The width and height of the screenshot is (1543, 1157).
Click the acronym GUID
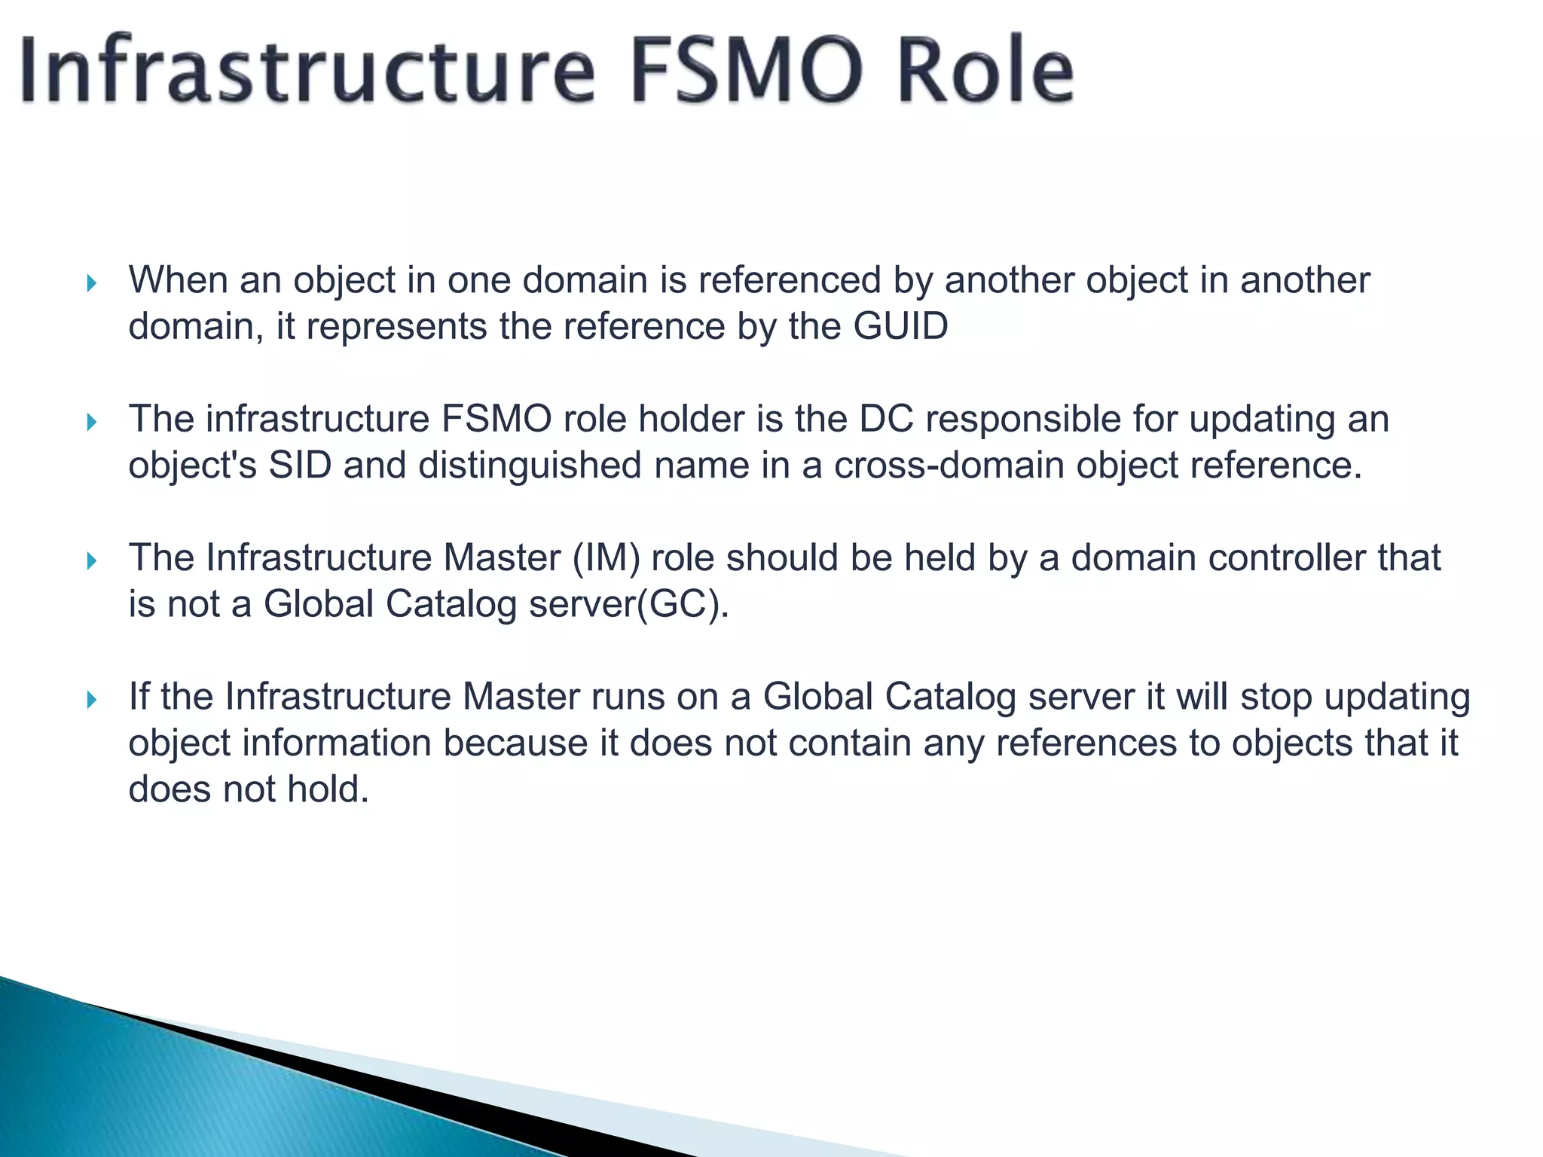pyautogui.click(x=900, y=327)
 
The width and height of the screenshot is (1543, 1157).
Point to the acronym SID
pyautogui.click(x=300, y=466)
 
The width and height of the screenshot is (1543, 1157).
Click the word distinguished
pyautogui.click(x=530, y=466)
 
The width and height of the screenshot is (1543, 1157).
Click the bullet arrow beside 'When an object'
pyautogui.click(x=92, y=284)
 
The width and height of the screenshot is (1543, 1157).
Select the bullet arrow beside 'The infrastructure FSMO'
pyautogui.click(x=92, y=423)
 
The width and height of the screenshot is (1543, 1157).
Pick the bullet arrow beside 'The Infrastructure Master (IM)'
pyautogui.click(x=92, y=561)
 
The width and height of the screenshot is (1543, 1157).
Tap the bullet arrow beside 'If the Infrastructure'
pyautogui.click(x=92, y=700)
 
